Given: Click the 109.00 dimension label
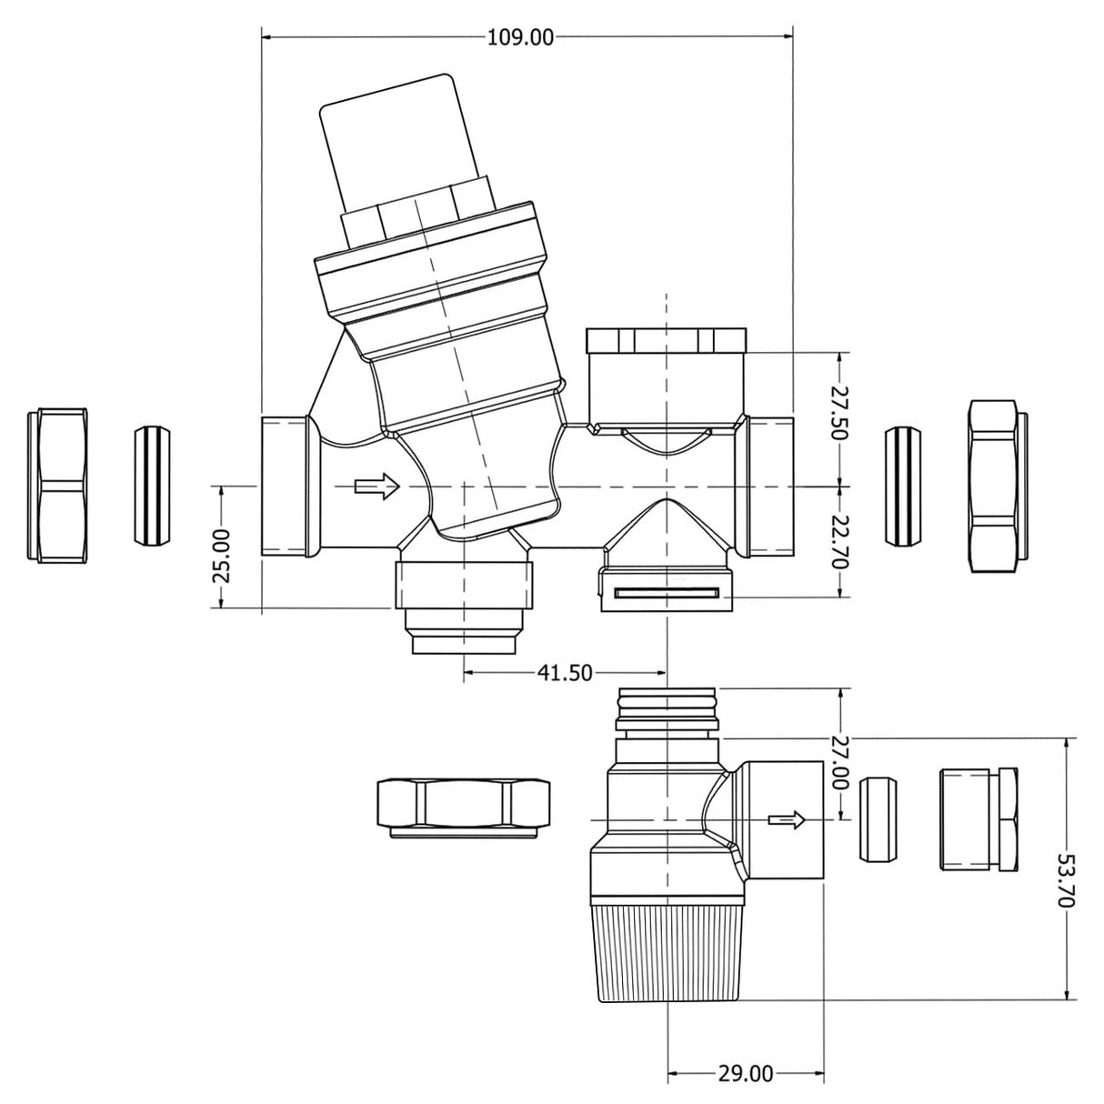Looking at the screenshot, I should click(x=520, y=37).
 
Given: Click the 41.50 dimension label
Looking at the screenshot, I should click(x=565, y=673).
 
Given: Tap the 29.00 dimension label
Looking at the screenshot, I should click(x=746, y=1074).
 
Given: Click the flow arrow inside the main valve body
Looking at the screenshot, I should click(x=376, y=487).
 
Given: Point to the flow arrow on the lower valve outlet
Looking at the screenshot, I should click(x=787, y=820).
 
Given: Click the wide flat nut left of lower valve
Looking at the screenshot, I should click(x=464, y=806).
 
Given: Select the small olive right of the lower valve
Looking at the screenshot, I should click(x=877, y=819).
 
